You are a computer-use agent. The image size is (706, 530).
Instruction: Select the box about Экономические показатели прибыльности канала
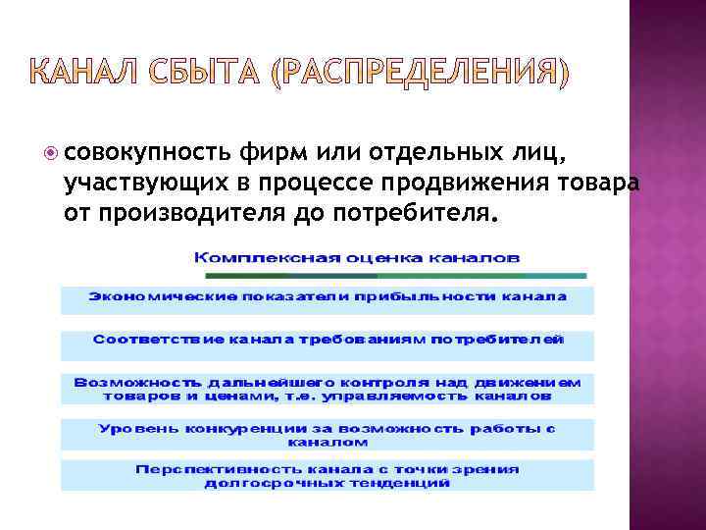[x=328, y=297]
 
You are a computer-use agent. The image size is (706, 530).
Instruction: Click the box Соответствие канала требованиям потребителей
[x=328, y=343]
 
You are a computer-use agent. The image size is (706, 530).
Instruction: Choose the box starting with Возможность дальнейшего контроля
[x=328, y=389]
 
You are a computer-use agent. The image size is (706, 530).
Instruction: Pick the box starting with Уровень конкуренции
[x=328, y=436]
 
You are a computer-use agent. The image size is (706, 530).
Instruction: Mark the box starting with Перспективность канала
[x=328, y=476]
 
